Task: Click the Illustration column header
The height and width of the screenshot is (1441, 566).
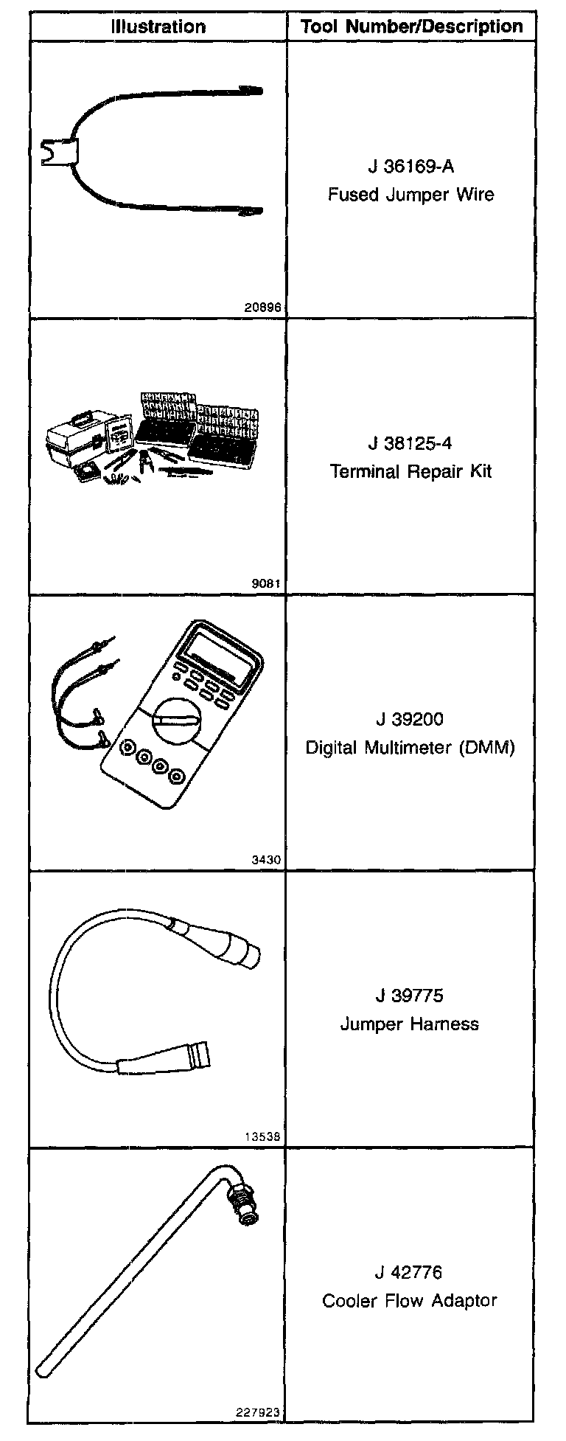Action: (158, 27)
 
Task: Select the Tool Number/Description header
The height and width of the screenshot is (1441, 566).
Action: (411, 27)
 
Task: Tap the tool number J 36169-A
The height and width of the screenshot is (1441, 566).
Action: (410, 167)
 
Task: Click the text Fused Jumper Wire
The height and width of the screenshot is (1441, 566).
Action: (410, 195)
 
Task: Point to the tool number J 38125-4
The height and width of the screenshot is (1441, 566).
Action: (410, 443)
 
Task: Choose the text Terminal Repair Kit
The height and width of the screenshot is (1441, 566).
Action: (410, 471)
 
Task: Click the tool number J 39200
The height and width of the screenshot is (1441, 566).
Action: (410, 719)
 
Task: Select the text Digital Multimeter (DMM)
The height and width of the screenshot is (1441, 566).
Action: (410, 747)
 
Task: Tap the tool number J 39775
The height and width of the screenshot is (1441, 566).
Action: (410, 996)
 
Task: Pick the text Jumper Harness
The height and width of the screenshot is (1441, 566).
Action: (410, 1024)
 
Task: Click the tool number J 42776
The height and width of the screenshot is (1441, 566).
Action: (410, 1272)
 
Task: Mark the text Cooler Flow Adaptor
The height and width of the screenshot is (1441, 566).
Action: (410, 1300)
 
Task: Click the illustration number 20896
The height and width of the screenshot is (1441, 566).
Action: (262, 308)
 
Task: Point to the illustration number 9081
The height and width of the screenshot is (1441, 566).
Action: (266, 584)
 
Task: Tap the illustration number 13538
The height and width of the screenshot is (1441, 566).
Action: (262, 1136)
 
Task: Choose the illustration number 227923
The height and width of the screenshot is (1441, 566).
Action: (259, 1413)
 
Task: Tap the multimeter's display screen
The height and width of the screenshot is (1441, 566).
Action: (221, 655)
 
